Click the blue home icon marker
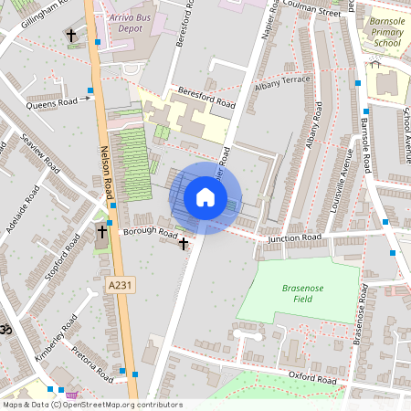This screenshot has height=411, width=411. tap(205, 197)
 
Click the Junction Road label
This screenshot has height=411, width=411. tap(295, 238)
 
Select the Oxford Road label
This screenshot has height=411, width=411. tap(313, 376)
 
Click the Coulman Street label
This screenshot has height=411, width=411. tap(314, 10)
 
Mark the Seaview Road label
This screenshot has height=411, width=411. tap(41, 157)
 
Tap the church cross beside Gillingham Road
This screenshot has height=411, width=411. tap(71, 35)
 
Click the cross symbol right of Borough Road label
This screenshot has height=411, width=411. tap(184, 243)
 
